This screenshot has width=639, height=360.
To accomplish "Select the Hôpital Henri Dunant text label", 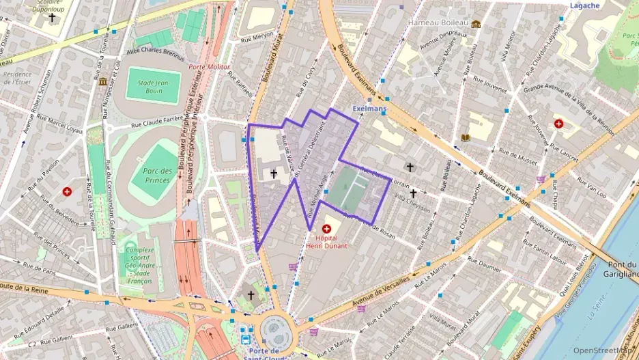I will click(326, 242).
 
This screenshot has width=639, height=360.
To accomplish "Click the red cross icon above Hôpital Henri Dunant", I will click(326, 226).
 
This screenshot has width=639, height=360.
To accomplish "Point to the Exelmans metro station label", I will click(369, 109).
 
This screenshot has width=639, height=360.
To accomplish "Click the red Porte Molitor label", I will click(209, 67).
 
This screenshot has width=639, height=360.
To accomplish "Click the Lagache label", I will click(584, 5).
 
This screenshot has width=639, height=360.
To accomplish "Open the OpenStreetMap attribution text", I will click(603, 350).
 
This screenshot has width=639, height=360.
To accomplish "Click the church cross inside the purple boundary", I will click(274, 174).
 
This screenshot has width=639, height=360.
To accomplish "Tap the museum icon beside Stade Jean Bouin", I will click(102, 82).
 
